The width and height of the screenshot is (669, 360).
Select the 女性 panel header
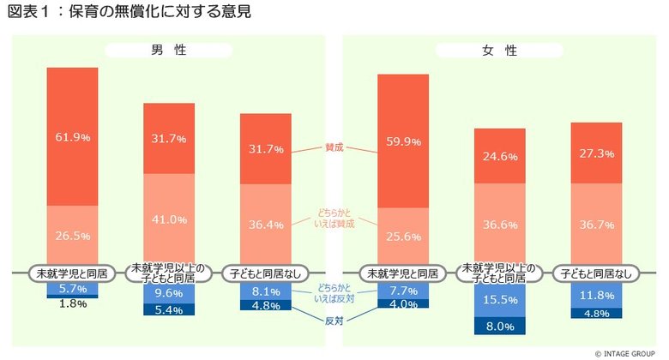coord(500,51)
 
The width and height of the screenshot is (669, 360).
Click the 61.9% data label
coord(72,136)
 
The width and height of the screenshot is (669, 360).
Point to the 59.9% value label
coord(403,142)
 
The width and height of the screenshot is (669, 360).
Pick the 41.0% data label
coord(169,219)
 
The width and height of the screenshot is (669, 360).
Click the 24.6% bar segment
coord(500,156)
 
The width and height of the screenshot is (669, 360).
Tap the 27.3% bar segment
coord(596,153)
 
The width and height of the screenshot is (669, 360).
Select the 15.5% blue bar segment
coord(500,301)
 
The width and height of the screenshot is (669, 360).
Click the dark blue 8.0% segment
coord(500,326)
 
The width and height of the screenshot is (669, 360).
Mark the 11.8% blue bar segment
coord(596,296)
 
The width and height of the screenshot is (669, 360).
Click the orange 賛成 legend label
coord(334,147)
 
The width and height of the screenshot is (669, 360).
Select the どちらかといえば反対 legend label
coord(333,292)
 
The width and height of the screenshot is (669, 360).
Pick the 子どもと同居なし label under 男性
coord(266,273)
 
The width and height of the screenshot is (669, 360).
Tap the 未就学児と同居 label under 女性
coord(403,273)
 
